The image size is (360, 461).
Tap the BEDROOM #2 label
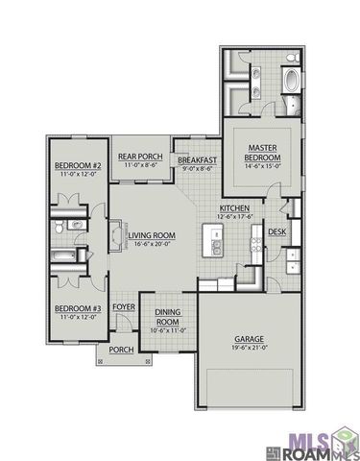point(73,164)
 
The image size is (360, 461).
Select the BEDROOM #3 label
point(73,307)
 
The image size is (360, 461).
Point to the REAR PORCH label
point(140,157)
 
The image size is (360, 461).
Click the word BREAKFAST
point(198,159)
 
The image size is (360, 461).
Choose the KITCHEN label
point(234,207)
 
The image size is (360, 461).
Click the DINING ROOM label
point(169,317)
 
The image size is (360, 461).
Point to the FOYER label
point(124,307)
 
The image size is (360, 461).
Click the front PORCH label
point(121,350)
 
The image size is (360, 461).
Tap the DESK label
point(276,231)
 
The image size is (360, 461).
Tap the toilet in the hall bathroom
point(60,226)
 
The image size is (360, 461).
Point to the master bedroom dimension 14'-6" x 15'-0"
point(257,164)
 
